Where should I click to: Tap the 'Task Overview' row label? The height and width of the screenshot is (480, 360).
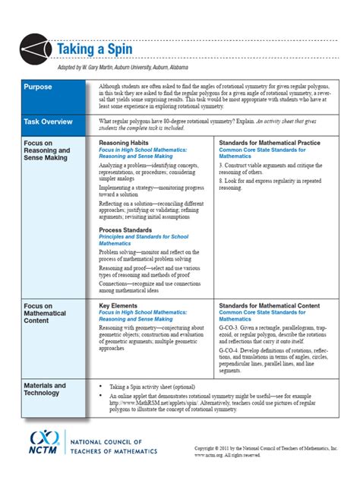(48, 121)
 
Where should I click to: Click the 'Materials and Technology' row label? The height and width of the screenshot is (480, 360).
(45, 388)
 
